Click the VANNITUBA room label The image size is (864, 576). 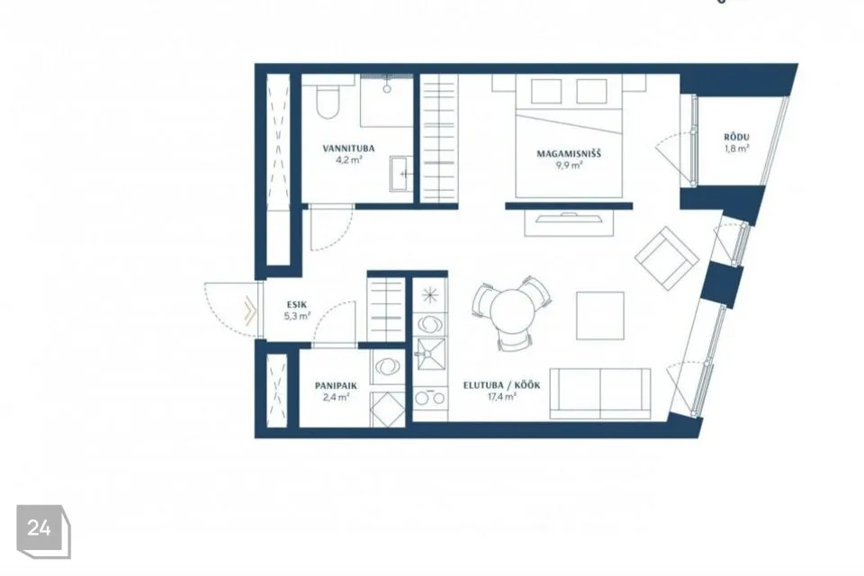[348, 148]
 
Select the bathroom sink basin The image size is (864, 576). [400, 174]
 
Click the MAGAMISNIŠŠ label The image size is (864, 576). [569, 153]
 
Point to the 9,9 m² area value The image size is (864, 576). [569, 165]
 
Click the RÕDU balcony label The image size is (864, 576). [737, 137]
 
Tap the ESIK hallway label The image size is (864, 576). [297, 304]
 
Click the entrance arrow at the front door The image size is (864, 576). [250, 310]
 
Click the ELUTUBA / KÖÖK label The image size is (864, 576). [501, 385]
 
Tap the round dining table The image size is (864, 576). [511, 312]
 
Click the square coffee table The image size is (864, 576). [600, 316]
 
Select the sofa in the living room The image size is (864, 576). [600, 394]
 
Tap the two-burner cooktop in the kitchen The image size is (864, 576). [430, 398]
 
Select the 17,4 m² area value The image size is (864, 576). [501, 396]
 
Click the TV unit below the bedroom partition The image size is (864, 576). [569, 222]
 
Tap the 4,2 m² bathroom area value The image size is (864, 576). [348, 160]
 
